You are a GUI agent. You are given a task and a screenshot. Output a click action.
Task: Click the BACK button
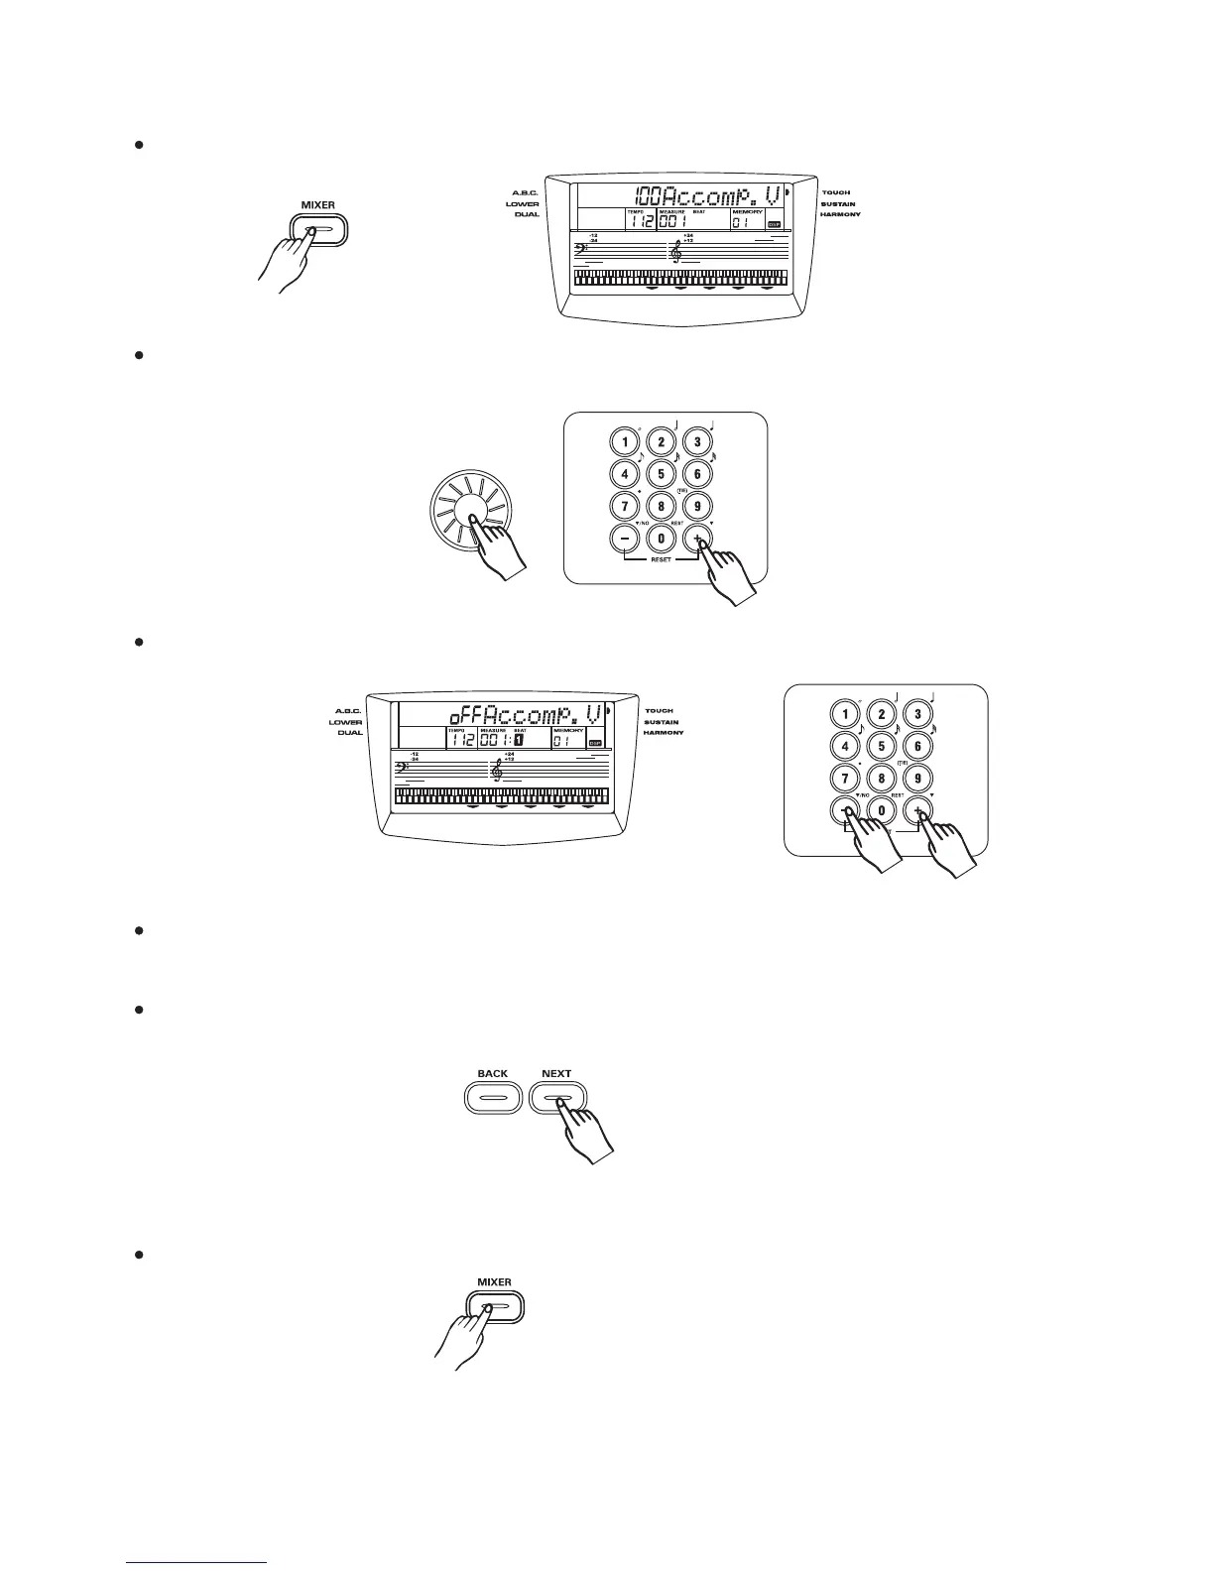click(492, 1099)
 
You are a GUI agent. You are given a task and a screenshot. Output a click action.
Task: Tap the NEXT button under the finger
click(557, 1099)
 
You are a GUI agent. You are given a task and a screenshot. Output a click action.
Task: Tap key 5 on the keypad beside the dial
click(661, 474)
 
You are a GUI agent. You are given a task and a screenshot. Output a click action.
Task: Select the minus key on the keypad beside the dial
click(625, 539)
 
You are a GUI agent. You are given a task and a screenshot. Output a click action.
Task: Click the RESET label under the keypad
click(661, 559)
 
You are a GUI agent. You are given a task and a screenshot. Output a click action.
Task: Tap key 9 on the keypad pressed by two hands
click(917, 779)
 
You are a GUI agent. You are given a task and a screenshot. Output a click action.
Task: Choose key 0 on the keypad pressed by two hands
click(882, 810)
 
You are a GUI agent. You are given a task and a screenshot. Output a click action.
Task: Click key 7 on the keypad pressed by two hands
click(845, 779)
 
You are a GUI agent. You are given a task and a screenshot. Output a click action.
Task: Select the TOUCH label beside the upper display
click(835, 192)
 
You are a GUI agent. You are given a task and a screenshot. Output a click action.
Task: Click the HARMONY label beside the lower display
click(664, 733)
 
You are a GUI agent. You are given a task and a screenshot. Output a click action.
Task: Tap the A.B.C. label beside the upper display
click(525, 192)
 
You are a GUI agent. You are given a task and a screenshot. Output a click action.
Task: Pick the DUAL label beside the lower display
click(349, 733)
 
